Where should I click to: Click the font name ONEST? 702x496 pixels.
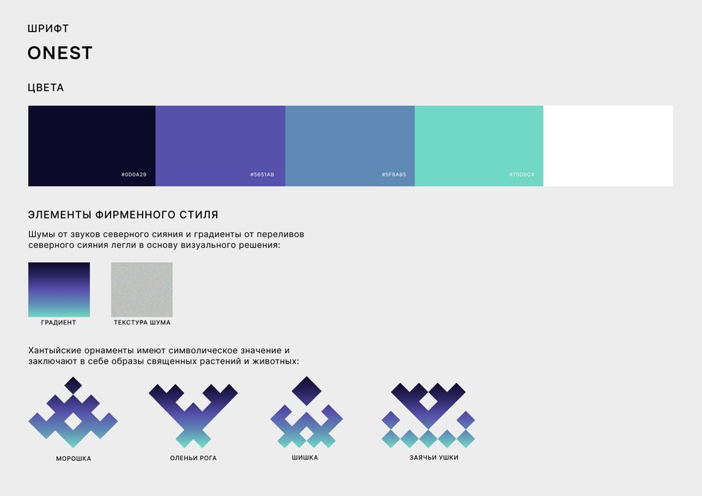tap(60, 53)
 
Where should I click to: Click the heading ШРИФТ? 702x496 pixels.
tap(48, 29)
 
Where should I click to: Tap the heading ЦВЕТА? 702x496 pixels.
tap(46, 88)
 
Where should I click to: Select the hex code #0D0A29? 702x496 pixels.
tap(133, 175)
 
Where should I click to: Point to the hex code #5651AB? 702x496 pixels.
tap(262, 175)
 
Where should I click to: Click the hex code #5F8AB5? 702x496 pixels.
tap(394, 175)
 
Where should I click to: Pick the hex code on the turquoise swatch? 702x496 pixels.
tap(522, 175)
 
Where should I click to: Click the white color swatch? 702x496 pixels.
tap(608, 146)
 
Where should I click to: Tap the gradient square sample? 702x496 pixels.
tap(59, 289)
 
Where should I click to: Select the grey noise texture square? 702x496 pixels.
tap(141, 289)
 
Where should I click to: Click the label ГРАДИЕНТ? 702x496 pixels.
tap(58, 322)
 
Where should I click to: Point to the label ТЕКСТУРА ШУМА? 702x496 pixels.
tap(142, 322)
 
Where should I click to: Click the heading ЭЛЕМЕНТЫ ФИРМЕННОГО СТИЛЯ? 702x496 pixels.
tap(123, 215)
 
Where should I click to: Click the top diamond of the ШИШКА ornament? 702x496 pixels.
tap(307, 391)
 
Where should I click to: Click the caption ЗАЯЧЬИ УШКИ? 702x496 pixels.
tap(434, 458)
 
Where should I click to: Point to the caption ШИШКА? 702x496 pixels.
tap(305, 458)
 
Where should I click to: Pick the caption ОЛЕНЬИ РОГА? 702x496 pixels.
tap(193, 458)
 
